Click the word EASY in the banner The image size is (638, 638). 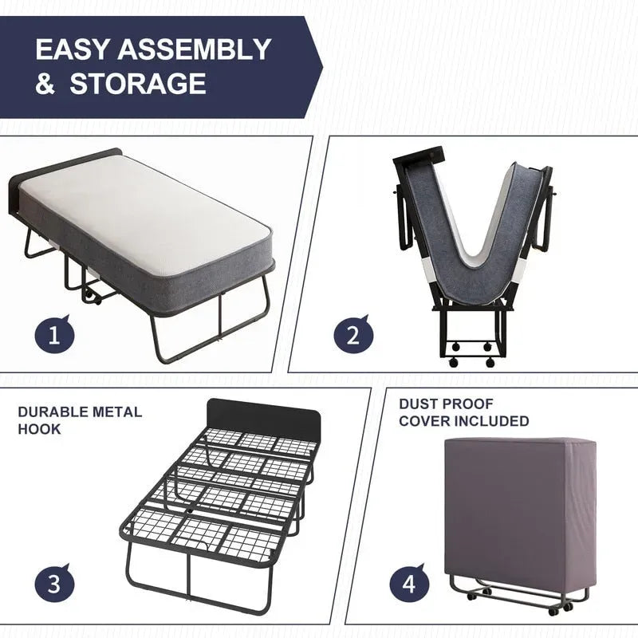[x=73, y=49]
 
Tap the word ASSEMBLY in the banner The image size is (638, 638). [x=195, y=49]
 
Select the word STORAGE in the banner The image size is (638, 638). [x=137, y=84]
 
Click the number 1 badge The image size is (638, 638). [x=55, y=334]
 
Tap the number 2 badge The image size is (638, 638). [x=353, y=334]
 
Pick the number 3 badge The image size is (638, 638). [x=55, y=583]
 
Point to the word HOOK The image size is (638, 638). [x=39, y=429]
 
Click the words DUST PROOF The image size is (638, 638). [x=446, y=404]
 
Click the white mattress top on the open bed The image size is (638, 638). [x=144, y=207]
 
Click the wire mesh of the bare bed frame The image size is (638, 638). [x=215, y=494]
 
